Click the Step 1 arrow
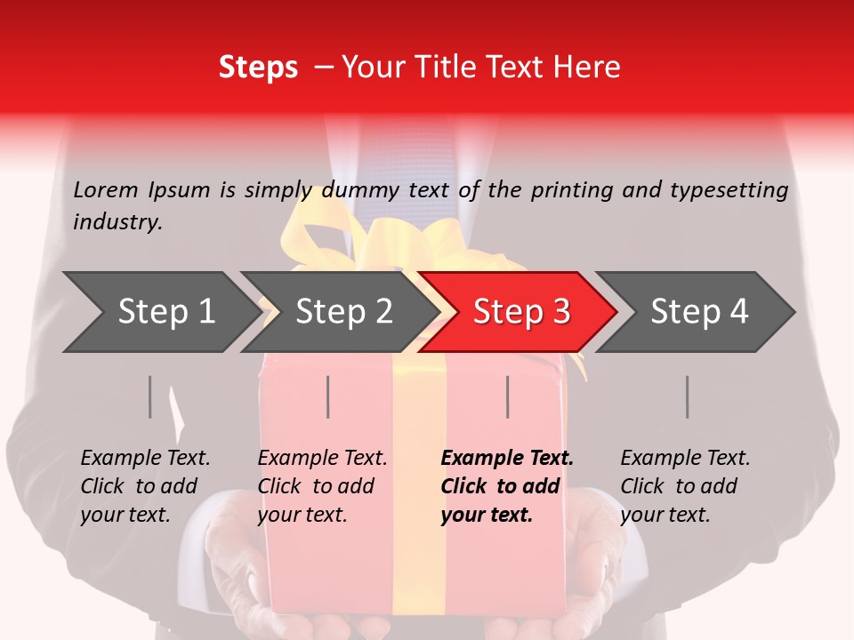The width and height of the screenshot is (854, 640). [160, 312]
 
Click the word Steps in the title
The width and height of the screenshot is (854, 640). [258, 68]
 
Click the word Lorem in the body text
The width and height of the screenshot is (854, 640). [106, 189]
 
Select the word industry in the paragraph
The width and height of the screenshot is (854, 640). [117, 222]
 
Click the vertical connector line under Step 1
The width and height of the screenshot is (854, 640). [150, 396]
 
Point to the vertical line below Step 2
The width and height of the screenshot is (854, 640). [328, 396]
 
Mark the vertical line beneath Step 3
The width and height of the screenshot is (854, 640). [507, 396]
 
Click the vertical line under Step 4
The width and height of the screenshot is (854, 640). [687, 396]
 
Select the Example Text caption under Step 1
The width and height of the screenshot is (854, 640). [145, 486]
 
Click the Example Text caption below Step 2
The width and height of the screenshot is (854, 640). [322, 486]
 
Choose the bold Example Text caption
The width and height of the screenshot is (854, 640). [506, 486]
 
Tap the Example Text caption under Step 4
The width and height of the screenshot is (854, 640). [685, 486]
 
